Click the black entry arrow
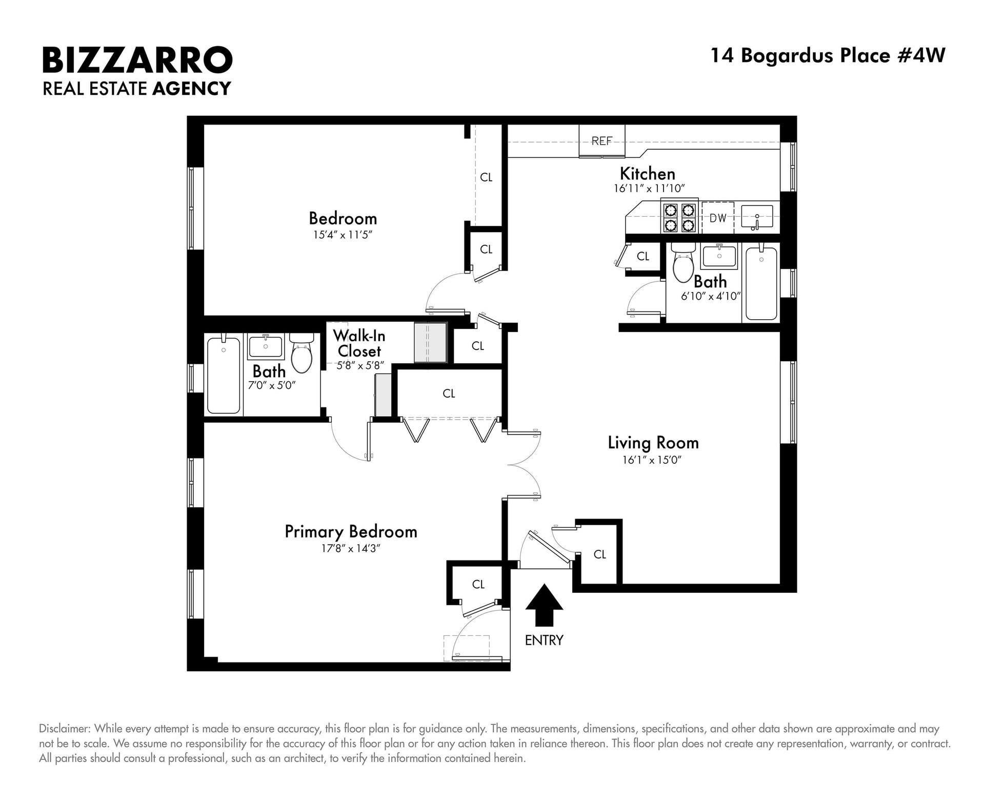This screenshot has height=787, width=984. click(x=544, y=606)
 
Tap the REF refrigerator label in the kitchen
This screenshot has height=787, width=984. click(x=602, y=141)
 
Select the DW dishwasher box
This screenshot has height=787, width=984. click(x=718, y=218)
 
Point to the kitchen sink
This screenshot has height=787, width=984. click(x=757, y=217)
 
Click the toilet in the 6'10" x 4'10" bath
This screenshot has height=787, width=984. click(x=683, y=262)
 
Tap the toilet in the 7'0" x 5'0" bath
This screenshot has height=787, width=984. click(x=302, y=353)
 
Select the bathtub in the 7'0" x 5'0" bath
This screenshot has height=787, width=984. click(x=224, y=375)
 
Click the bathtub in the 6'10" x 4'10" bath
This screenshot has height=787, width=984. click(x=761, y=284)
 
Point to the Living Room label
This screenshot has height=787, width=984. click(x=653, y=443)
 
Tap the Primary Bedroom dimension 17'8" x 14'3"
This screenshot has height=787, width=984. click(x=351, y=549)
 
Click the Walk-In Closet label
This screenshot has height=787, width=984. click(x=359, y=343)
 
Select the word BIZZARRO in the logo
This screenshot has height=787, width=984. click(x=137, y=60)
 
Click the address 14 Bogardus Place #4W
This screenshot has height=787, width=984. click(x=828, y=55)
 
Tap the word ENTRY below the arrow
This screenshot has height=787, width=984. click(x=544, y=640)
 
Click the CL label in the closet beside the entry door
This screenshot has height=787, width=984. click(x=600, y=554)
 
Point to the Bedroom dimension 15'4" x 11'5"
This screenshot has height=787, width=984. click(x=343, y=235)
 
